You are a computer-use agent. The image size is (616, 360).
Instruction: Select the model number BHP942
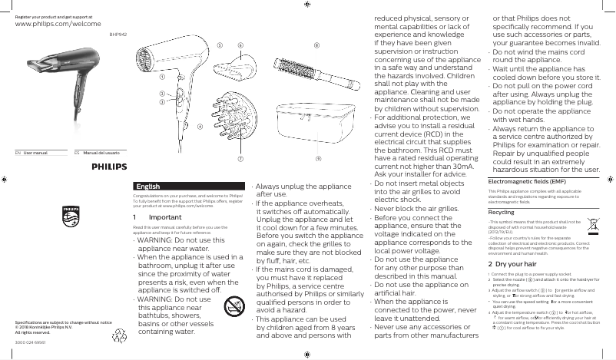pyautogui.click(x=118, y=34)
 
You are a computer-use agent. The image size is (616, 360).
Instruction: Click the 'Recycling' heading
pyautogui.click(x=502, y=211)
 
